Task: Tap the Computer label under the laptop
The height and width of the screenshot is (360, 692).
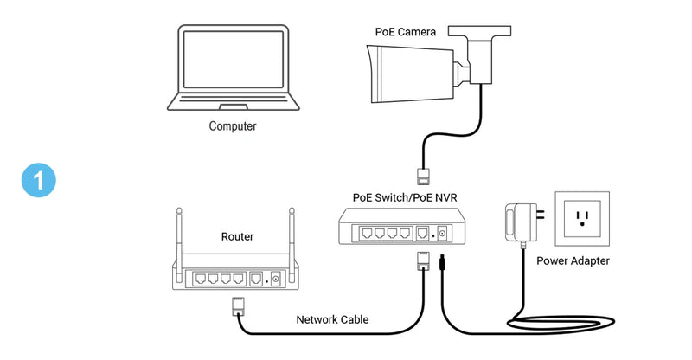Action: coord(233,126)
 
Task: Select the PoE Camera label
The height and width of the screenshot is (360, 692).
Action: coord(405,31)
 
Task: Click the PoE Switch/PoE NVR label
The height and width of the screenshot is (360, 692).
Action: coord(405,198)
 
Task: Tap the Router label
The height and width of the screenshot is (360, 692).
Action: coord(237,235)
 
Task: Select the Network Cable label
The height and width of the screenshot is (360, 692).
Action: coord(332,319)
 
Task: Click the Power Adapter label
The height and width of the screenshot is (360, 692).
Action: coord(573,260)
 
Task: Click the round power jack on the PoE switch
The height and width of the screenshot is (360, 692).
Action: coord(443,233)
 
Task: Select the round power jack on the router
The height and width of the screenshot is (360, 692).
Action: coord(276,279)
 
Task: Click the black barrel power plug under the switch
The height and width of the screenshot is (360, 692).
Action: coord(442,262)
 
